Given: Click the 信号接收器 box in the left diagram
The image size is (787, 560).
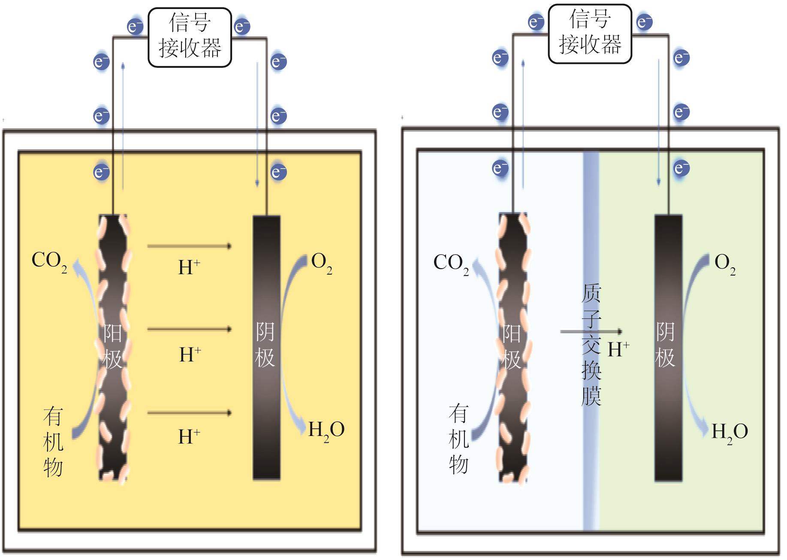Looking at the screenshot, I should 190,38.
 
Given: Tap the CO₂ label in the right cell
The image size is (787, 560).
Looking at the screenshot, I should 451,263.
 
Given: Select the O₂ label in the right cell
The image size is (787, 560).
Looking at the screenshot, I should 725,263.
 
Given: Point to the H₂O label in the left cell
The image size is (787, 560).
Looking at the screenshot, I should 326,430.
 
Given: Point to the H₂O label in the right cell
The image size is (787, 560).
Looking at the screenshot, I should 730,433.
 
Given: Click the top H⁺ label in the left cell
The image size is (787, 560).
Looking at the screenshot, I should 189,267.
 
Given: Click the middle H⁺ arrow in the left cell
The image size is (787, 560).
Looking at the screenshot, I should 189,330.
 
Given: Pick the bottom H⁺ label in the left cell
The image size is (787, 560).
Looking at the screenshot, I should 189,436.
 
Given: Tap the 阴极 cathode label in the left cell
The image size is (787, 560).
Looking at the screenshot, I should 265,345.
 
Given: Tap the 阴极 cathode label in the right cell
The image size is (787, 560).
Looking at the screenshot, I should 666,345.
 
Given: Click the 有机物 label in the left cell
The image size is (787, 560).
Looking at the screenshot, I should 53,442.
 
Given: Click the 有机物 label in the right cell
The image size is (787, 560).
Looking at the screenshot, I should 458,439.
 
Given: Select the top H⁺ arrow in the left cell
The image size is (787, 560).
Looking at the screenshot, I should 189,246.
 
